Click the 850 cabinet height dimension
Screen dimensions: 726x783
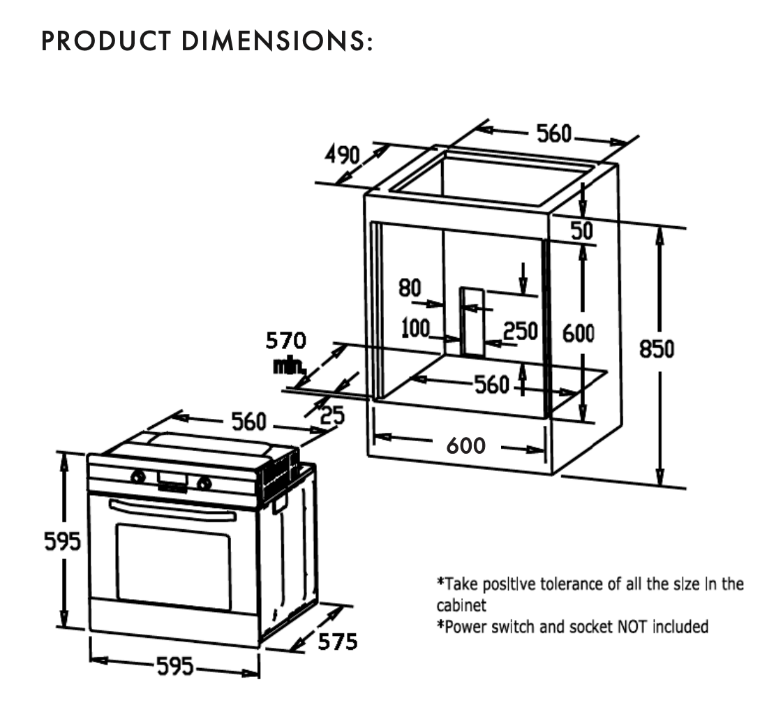(657, 348)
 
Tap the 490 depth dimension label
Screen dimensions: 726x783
(342, 154)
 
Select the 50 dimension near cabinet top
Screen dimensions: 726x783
(583, 230)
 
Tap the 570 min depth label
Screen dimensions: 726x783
(285, 341)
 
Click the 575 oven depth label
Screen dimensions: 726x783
(338, 641)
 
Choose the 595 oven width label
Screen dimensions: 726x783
(174, 667)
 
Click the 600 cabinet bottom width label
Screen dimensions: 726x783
(465, 445)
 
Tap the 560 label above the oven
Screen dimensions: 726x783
(249, 421)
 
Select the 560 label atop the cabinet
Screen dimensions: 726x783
(554, 133)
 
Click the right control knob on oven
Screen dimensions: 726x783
(204, 481)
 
